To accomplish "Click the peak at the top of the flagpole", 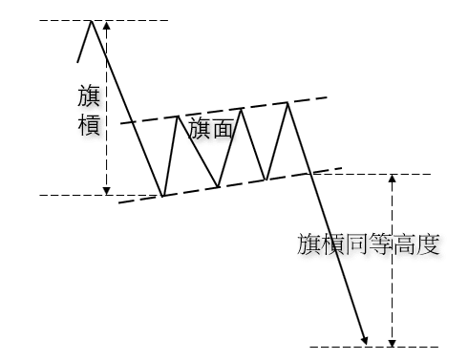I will click(92, 20).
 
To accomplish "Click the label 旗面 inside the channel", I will click(211, 131).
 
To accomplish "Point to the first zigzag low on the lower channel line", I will click(163, 196).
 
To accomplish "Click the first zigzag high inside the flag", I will click(177, 116).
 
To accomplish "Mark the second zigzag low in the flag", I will click(218, 186).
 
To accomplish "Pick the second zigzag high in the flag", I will click(242, 108).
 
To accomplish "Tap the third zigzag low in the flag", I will click(266, 179).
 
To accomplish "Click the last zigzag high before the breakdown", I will click(287, 102).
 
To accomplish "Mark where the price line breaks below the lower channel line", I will click(308, 173).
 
